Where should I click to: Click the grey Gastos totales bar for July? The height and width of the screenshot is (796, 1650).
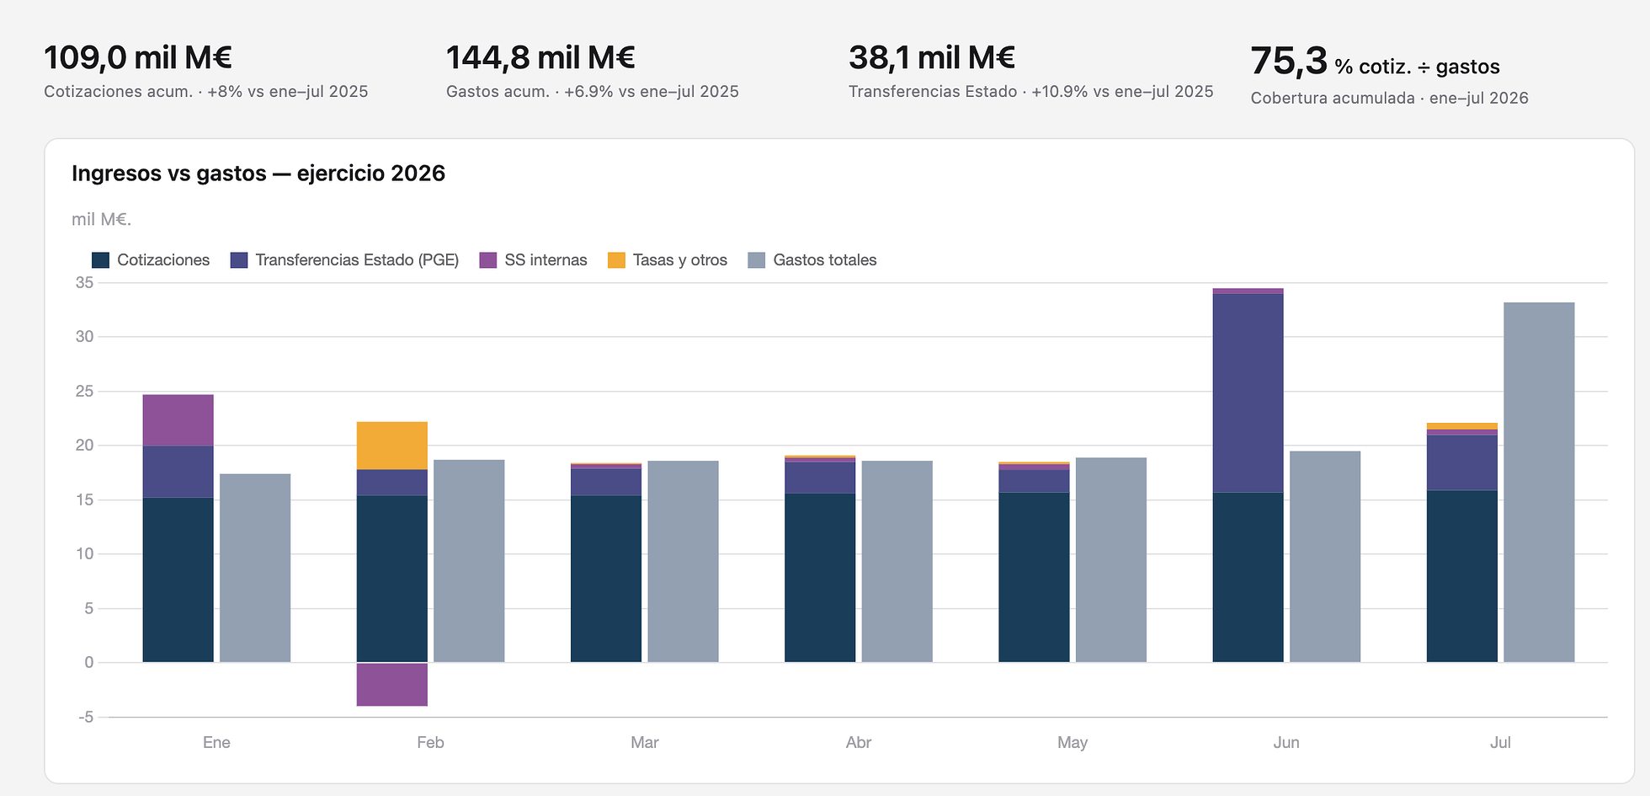1539,482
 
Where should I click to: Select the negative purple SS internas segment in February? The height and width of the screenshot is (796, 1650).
392,684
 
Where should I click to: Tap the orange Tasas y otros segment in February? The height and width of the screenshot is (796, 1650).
392,446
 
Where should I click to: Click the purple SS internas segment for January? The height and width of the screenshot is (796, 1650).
178,420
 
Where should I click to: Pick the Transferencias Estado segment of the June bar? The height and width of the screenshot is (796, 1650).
1248,393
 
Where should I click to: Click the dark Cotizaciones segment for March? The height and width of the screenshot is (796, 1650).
606,579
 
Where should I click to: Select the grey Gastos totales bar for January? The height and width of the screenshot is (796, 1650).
255,568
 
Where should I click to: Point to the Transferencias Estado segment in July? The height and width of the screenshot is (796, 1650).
1462,462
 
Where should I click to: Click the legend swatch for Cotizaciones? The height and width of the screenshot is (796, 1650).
101,260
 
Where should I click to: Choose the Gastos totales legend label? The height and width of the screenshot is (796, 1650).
825,260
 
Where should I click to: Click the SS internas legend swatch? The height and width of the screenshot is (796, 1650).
488,260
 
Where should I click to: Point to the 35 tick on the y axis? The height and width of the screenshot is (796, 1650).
84,283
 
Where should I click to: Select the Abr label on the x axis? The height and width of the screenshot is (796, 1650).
859,742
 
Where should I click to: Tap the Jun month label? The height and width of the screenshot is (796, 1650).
1286,742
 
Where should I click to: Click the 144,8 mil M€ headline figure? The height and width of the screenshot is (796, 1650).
540,57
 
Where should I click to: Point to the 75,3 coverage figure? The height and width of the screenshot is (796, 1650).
1289,61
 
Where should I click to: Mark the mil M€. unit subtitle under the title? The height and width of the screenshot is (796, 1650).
102,220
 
